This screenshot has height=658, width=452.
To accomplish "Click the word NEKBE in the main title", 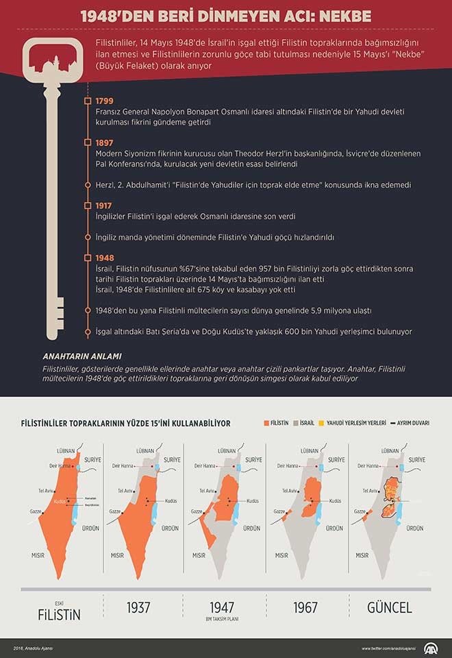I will click(x=341, y=14).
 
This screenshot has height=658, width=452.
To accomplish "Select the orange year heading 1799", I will click(x=105, y=100).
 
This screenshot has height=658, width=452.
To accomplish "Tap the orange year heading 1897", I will click(x=105, y=142).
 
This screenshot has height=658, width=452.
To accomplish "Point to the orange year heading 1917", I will click(x=105, y=204).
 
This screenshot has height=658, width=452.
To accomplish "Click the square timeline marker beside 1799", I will click(x=87, y=101).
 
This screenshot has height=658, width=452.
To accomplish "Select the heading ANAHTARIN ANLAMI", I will click(x=81, y=356).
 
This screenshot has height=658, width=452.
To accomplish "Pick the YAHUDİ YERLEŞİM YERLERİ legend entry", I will click(x=355, y=424).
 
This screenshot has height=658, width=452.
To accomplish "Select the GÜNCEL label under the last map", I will click(x=388, y=607).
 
